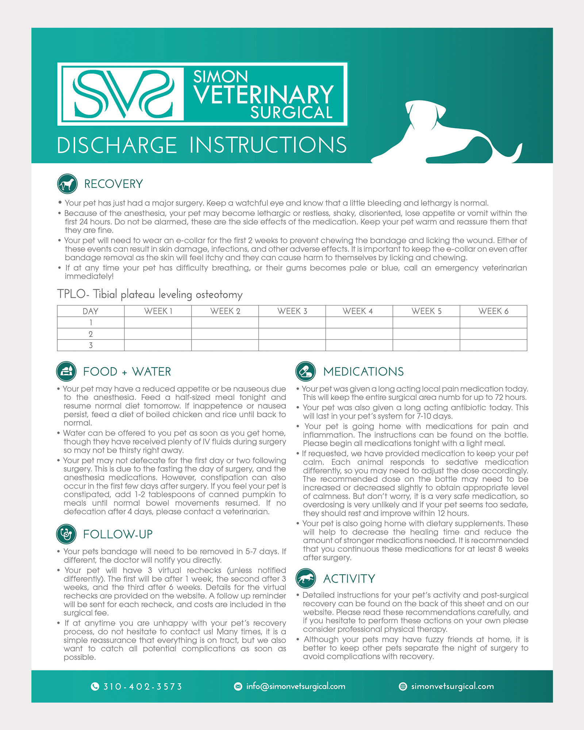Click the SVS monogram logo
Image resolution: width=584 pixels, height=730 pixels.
[x=123, y=94]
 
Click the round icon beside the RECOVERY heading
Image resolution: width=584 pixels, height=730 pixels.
[x=67, y=184]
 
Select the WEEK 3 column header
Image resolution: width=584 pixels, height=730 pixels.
[x=292, y=311]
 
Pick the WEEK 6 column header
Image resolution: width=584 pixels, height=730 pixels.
[x=493, y=311]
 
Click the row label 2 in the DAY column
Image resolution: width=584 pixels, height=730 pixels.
[x=91, y=334]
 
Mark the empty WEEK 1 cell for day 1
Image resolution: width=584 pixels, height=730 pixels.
[x=158, y=323]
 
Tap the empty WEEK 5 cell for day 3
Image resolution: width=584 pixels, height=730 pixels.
[x=426, y=345]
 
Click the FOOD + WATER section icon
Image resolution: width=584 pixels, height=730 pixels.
[x=66, y=371]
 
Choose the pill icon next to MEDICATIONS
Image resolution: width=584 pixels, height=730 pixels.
[x=306, y=371]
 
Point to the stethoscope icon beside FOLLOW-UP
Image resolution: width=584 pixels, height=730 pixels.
[x=66, y=534]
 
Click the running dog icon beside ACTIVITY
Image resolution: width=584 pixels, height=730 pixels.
[x=306, y=578]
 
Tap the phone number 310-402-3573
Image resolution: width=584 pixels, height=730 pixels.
[x=142, y=687]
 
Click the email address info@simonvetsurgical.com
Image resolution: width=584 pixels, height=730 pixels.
[x=296, y=686]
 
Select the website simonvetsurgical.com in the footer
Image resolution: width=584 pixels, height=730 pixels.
[x=452, y=686]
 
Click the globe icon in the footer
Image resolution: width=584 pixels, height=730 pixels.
[x=403, y=687]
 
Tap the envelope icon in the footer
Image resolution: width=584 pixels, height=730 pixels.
[x=238, y=687]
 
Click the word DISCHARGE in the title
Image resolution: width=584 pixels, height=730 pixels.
[x=117, y=145]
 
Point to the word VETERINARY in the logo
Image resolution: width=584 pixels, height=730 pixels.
[x=264, y=95]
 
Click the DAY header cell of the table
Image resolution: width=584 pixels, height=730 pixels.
[x=91, y=311]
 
